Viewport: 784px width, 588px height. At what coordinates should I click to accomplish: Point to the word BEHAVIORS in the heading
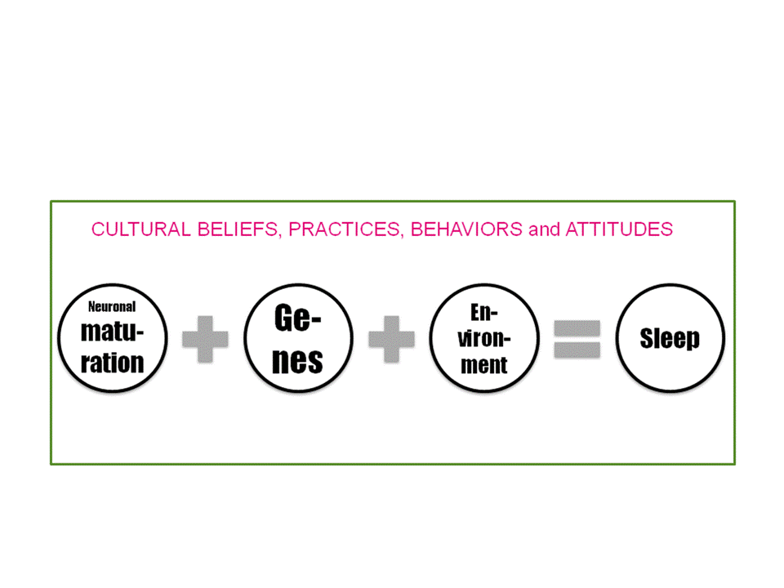click(x=466, y=229)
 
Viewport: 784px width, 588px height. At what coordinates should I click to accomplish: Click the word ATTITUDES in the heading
click(x=619, y=229)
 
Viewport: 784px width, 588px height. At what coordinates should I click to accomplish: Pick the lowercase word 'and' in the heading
click(x=544, y=229)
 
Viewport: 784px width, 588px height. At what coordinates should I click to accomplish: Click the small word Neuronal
click(x=112, y=306)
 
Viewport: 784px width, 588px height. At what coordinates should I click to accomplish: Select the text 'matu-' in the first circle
click(x=113, y=332)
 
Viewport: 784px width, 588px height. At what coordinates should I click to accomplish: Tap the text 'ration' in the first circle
click(x=113, y=362)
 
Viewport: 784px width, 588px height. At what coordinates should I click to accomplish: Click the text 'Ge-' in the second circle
click(x=298, y=318)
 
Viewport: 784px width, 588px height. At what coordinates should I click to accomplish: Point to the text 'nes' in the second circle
click(x=297, y=361)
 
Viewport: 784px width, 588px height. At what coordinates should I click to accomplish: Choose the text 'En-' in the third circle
click(x=484, y=313)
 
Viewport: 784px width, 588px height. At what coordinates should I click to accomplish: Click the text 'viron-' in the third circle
click(x=484, y=338)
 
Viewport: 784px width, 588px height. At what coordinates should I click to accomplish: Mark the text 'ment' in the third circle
click(x=484, y=365)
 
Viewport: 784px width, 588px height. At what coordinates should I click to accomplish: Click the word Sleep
click(x=670, y=338)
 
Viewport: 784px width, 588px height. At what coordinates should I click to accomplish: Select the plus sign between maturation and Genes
click(x=205, y=339)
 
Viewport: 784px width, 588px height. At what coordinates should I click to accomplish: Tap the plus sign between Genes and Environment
click(x=391, y=339)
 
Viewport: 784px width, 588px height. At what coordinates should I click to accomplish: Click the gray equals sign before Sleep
click(x=577, y=339)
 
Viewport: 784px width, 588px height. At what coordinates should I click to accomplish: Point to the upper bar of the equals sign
click(x=577, y=328)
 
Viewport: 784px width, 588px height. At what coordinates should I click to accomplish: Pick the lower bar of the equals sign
click(x=577, y=350)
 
